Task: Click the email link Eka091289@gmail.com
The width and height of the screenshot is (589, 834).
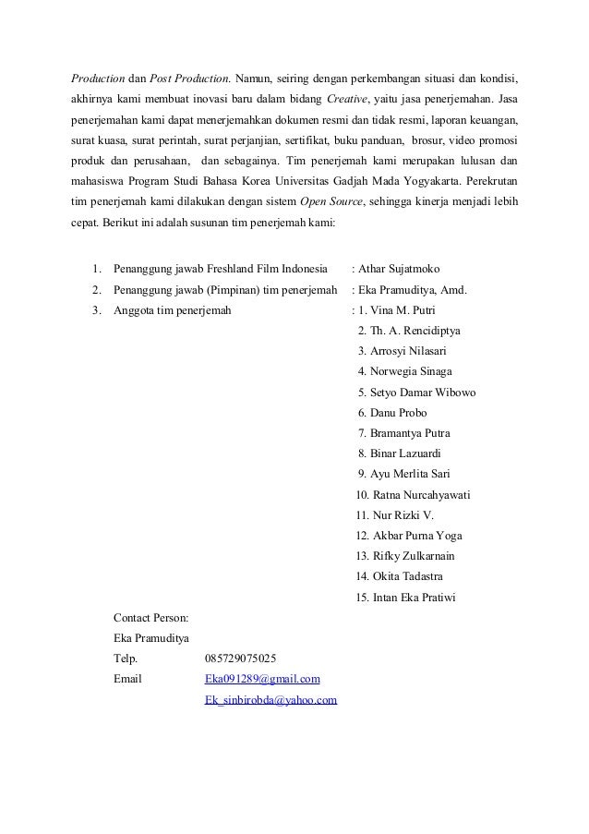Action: pyautogui.click(x=262, y=681)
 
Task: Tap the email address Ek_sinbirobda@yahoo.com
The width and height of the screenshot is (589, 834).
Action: pyautogui.click(x=270, y=701)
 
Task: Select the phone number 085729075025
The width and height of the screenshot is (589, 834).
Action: pyautogui.click(x=239, y=659)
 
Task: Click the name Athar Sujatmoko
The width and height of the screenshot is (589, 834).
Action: pyautogui.click(x=402, y=270)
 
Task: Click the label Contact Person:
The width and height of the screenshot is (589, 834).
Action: pyautogui.click(x=150, y=617)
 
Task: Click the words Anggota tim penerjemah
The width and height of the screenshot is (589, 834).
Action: pyautogui.click(x=173, y=310)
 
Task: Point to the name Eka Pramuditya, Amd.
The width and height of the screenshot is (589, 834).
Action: pyautogui.click(x=412, y=290)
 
